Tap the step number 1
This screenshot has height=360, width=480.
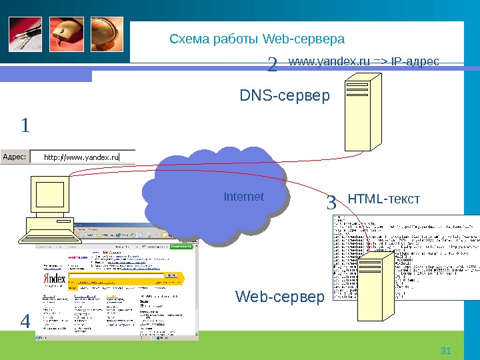(25, 125)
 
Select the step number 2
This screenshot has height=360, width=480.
(272, 65)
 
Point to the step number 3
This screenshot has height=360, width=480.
(331, 202)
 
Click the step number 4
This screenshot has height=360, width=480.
(25, 322)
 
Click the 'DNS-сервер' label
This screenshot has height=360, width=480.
(285, 97)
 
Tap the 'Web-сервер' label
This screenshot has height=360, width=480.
(279, 296)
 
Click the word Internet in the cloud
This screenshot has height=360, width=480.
(243, 197)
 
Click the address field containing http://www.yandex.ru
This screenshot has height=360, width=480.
(83, 157)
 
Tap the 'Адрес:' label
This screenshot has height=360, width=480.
(15, 157)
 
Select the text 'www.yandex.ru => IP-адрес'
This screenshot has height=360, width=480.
(364, 62)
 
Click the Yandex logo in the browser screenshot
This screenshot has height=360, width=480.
(55, 279)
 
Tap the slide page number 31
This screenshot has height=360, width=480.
(447, 351)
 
